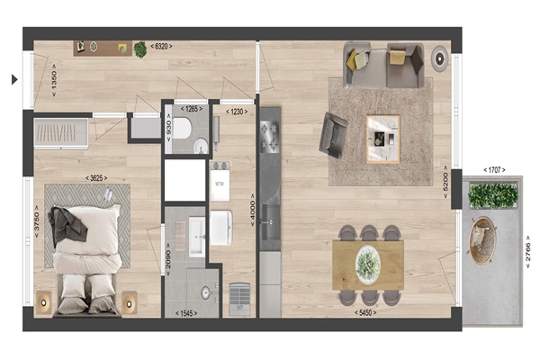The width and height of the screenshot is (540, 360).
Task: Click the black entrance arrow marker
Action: point(14,79)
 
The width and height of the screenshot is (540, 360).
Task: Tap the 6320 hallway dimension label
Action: point(161,46)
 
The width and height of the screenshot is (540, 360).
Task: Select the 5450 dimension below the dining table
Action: point(365,313)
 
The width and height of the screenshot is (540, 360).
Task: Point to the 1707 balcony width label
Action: point(494,170)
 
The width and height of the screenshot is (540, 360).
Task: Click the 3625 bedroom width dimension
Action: point(96,178)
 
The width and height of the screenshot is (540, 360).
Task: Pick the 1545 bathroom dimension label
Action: point(186,313)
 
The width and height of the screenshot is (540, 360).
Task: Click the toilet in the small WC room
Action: point(182,128)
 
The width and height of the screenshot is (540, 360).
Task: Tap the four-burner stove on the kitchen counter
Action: point(269,137)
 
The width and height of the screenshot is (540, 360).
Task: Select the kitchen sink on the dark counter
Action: point(271,222)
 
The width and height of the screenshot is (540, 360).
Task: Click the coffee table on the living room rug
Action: point(383,139)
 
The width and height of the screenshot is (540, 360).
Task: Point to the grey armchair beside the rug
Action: point(333,135)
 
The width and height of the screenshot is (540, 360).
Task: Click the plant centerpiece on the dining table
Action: point(368,265)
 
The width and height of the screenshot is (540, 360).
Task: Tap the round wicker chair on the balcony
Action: point(482,240)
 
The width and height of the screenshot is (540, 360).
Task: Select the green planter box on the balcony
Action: point(492,195)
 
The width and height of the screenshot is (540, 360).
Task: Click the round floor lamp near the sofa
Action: point(440,58)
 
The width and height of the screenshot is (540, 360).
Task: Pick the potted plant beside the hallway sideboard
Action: point(140,49)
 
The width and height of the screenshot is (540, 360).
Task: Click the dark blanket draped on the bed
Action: point(67,224)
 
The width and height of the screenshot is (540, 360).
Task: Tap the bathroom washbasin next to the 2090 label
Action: point(197,237)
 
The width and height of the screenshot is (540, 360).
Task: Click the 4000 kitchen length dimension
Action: point(253,210)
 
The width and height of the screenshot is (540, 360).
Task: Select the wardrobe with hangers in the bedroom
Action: point(61,134)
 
